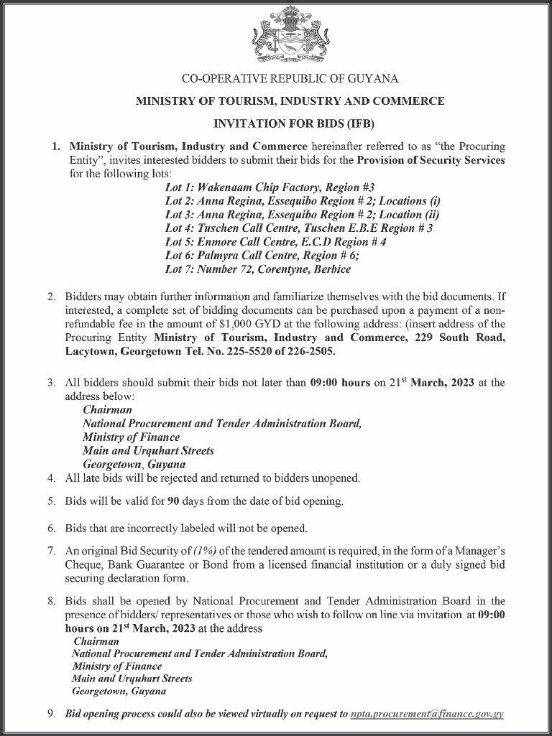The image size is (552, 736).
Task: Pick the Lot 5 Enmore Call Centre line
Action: coord(276,242)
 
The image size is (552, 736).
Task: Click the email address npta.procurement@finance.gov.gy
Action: coord(427,714)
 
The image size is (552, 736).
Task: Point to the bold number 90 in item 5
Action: coord(172,500)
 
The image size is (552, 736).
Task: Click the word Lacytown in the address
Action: coord(89,353)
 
